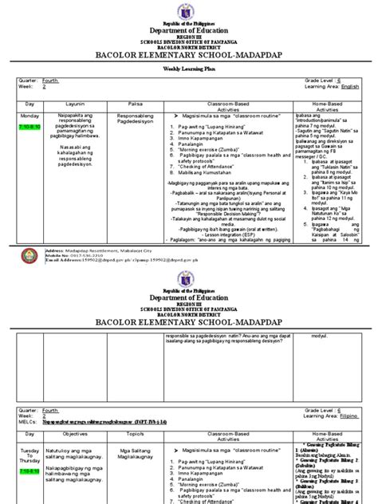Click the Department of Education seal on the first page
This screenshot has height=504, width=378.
(x=189, y=9)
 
